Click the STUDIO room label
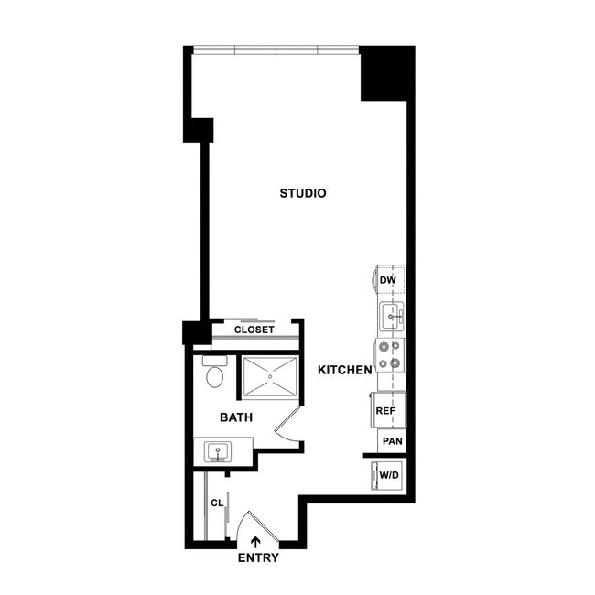tap(303, 193)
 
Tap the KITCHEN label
tap(344, 370)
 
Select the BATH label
tap(235, 417)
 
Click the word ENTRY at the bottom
tap(258, 557)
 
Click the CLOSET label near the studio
tap(254, 330)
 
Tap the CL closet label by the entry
tap(217, 503)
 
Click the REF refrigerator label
tap(385, 411)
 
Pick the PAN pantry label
tap(393, 441)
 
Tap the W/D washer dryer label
tap(389, 476)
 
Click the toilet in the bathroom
tap(215, 374)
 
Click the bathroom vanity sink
tap(219, 450)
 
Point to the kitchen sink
tap(391, 317)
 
